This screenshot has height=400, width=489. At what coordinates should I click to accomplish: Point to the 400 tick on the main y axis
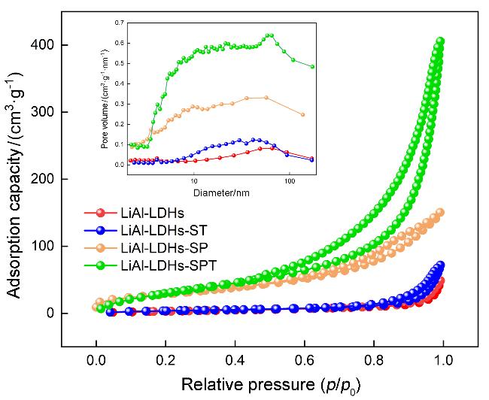pos(54,45)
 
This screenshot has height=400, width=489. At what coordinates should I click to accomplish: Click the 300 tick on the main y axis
pos(54,112)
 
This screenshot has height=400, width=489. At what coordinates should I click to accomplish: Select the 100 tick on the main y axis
pos(54,246)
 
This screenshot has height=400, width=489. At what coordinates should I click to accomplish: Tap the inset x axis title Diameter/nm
pos(220,192)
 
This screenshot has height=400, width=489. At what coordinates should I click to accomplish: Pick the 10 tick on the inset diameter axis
pos(194,181)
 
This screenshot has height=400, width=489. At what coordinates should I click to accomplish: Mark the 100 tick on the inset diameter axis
pos(288,181)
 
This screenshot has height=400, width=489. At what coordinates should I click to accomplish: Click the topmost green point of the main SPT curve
pos(442,41)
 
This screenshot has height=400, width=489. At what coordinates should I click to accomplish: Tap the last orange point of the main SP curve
pos(441,212)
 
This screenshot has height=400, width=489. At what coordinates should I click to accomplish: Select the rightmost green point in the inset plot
pos(312,66)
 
